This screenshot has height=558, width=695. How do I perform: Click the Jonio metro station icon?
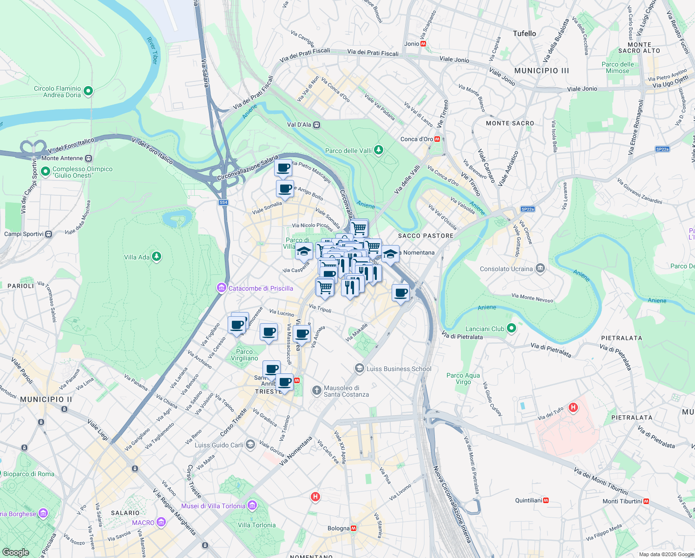click(423, 44)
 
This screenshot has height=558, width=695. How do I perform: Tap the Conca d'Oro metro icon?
click(437, 139)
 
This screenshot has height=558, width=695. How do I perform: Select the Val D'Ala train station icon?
click(317, 125)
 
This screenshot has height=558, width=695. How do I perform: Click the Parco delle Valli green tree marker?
click(379, 150)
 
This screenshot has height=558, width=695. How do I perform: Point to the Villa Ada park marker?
click(157, 256)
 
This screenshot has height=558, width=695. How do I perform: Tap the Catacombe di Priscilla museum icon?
click(222, 288)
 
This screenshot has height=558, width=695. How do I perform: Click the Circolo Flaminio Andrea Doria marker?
click(88, 91)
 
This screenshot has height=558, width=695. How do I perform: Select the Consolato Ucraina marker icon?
click(540, 268)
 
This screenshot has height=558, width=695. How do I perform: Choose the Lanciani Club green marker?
click(511, 328)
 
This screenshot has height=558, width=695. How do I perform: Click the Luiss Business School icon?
click(359, 368)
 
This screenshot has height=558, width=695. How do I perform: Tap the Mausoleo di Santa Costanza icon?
click(316, 391)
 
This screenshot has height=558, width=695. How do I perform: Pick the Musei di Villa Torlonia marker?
click(252, 505)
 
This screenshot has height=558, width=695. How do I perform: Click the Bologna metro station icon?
click(354, 528)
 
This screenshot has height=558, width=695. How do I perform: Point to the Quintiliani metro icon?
click(546, 500)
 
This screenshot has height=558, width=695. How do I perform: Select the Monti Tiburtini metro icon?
click(646, 501)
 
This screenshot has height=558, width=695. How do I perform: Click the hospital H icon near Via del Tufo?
click(573, 408)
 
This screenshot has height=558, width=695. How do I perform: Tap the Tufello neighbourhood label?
click(524, 33)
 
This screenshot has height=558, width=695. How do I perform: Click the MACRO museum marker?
click(161, 522)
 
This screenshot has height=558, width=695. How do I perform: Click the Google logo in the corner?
click(15, 552)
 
